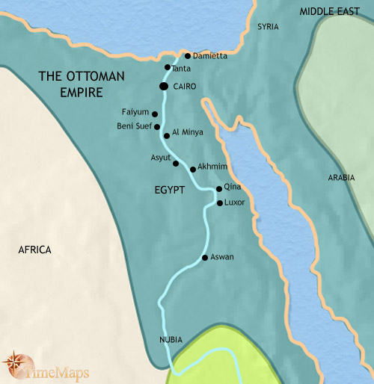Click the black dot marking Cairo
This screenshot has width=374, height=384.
(163, 87)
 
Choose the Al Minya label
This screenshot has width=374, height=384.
(186, 131)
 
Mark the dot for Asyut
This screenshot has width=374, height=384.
(176, 163)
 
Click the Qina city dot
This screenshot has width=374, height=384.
(218, 189)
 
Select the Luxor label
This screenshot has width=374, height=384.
(235, 202)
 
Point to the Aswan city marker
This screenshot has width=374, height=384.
(205, 258)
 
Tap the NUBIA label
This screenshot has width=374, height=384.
(171, 340)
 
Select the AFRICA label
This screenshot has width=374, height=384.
(34, 250)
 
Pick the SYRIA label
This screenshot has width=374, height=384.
(268, 27)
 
